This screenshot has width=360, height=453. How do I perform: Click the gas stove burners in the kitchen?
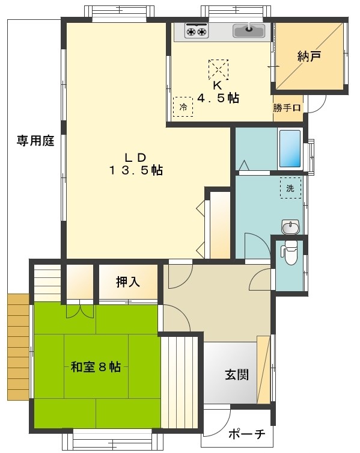[196, 30]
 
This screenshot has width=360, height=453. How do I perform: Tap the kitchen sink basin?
[248, 30]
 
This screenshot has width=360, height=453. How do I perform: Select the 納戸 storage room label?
[310, 57]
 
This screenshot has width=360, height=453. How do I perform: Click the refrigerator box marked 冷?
[183, 106]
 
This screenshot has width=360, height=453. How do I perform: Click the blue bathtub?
[290, 149]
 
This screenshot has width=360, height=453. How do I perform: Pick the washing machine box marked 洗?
[290, 188]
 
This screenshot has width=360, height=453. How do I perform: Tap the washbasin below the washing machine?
[290, 227]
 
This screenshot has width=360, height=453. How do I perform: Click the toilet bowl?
[290, 253]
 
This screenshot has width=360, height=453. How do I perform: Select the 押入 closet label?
[128, 281]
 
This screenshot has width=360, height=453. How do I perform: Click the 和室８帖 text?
[96, 366]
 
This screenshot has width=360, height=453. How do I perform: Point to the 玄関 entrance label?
[237, 374]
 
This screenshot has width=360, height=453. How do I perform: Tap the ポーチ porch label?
[247, 434]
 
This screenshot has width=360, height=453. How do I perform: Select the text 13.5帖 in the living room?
[136, 170]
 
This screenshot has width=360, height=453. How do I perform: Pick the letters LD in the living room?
[135, 157]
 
